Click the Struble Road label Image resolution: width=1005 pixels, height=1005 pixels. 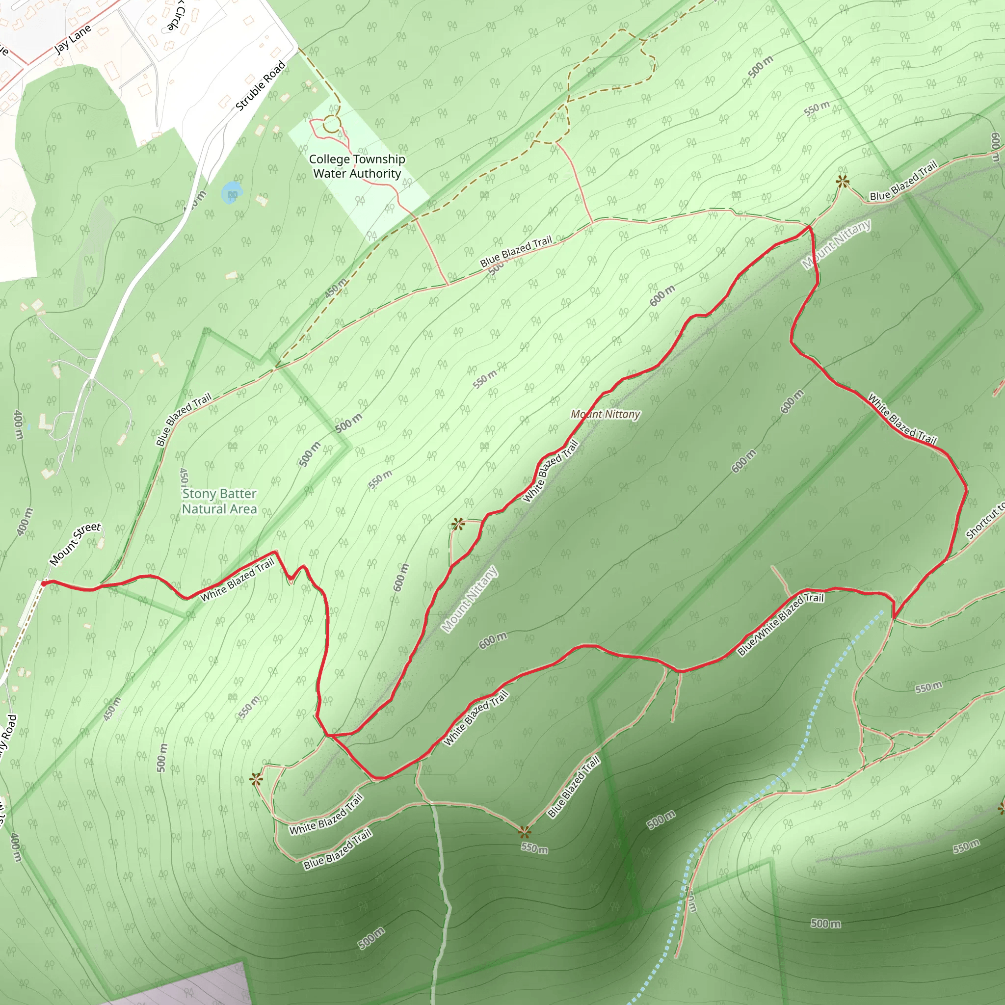pyautogui.click(x=260, y=86)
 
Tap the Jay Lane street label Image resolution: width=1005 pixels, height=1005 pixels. pyautogui.click(x=73, y=39)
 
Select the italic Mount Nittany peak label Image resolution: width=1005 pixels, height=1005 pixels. pyautogui.click(x=605, y=414)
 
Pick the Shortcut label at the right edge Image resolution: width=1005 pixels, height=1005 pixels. pyautogui.click(x=985, y=521)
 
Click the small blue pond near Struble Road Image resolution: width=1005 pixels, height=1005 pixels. pyautogui.click(x=231, y=192)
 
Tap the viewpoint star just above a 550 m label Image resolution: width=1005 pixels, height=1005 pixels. pyautogui.click(x=525, y=832)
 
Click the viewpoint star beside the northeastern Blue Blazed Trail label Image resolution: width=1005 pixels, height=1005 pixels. pyautogui.click(x=842, y=182)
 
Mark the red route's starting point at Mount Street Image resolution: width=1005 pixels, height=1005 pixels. pyautogui.click(x=44, y=583)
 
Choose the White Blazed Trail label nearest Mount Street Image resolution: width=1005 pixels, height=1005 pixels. pyautogui.click(x=237, y=580)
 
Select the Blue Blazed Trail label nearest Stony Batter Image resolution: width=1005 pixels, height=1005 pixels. pyautogui.click(x=183, y=419)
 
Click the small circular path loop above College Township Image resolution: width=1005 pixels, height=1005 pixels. pyautogui.click(x=331, y=125)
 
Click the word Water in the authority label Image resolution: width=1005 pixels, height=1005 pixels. pyautogui.click(x=327, y=173)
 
